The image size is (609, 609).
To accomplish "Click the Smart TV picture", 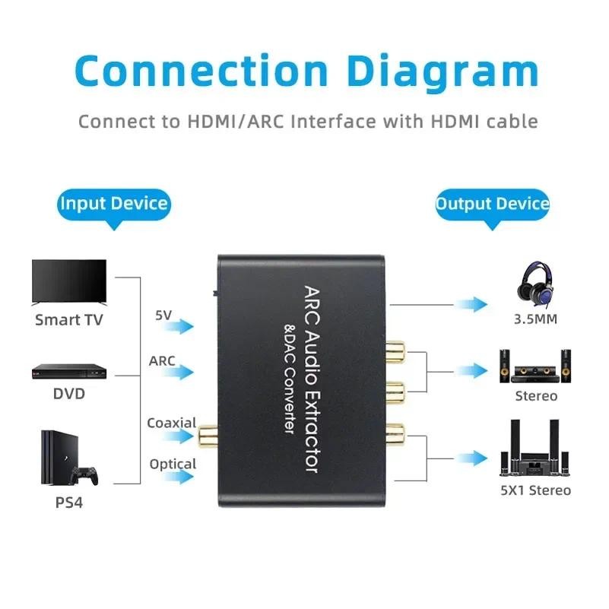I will [x=68, y=282].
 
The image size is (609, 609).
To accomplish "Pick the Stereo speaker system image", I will [x=534, y=366].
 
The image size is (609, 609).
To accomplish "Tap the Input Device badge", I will [x=113, y=204].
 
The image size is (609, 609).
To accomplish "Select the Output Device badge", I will [x=492, y=204].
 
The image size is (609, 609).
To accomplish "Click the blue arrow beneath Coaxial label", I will [x=179, y=436].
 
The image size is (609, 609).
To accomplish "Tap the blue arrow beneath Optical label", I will [x=179, y=477].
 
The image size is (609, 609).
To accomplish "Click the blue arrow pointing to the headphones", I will [x=471, y=305].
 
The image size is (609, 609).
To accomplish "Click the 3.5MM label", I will [x=534, y=319].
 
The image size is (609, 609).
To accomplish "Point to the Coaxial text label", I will [x=172, y=423].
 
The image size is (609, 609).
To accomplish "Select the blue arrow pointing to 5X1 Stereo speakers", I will [x=471, y=458].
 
